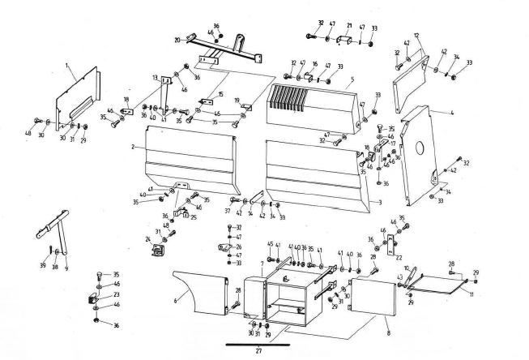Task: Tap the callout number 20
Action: [177, 38]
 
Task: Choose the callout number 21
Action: [348, 24]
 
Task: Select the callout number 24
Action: [148, 239]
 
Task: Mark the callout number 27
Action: [258, 352]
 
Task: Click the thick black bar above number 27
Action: [257, 344]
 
